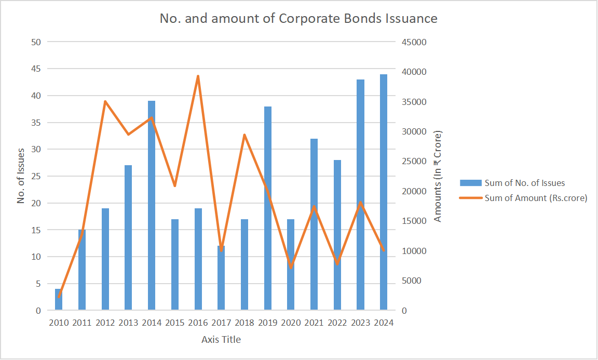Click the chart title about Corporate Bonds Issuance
pyautogui.click(x=298, y=19)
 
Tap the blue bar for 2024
pyautogui.click(x=384, y=192)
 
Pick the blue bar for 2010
pyautogui.click(x=59, y=300)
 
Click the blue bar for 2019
pyautogui.click(x=268, y=208)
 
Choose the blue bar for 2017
pyautogui.click(x=221, y=278)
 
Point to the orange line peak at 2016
pyautogui.click(x=198, y=76)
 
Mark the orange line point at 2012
pyautogui.click(x=105, y=101)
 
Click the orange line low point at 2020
pyautogui.click(x=291, y=267)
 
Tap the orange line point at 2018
pyautogui.click(x=244, y=135)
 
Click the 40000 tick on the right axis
pyautogui.click(x=414, y=72)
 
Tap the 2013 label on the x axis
pyautogui.click(x=128, y=323)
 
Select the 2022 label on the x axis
pyautogui.click(x=337, y=323)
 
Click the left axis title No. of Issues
pyautogui.click(x=21, y=176)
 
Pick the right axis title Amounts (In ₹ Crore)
pyautogui.click(x=438, y=176)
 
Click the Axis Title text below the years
pyautogui.click(x=221, y=340)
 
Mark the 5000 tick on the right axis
pyautogui.click(x=412, y=281)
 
